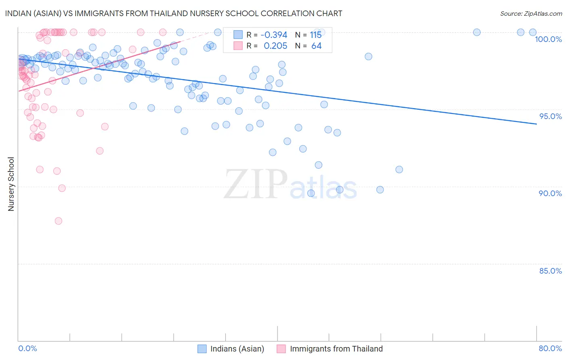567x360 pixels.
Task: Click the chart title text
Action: click(x=173, y=13)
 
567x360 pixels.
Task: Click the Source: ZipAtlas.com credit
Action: click(x=531, y=13)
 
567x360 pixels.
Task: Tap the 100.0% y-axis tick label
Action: click(x=548, y=39)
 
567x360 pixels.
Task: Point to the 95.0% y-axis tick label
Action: click(x=550, y=116)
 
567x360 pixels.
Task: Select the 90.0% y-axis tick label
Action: click(x=550, y=193)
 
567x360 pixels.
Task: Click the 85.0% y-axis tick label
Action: click(x=550, y=271)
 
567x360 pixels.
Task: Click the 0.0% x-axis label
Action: click(x=28, y=348)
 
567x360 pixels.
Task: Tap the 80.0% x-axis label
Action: click(x=550, y=348)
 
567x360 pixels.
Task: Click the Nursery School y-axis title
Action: click(x=11, y=184)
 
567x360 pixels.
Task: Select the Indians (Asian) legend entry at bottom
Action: click(x=231, y=349)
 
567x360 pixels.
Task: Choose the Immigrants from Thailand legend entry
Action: click(x=330, y=349)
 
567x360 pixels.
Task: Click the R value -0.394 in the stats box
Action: click(x=274, y=35)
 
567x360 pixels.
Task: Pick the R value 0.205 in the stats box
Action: click(x=275, y=46)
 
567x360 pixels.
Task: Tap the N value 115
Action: click(x=316, y=35)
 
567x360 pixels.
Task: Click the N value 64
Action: click(x=316, y=46)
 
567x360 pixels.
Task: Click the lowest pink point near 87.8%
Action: click(x=58, y=221)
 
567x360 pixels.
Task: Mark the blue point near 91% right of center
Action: click(x=399, y=170)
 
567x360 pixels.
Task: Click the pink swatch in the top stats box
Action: click(x=238, y=46)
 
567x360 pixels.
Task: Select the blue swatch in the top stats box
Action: click(x=238, y=35)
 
